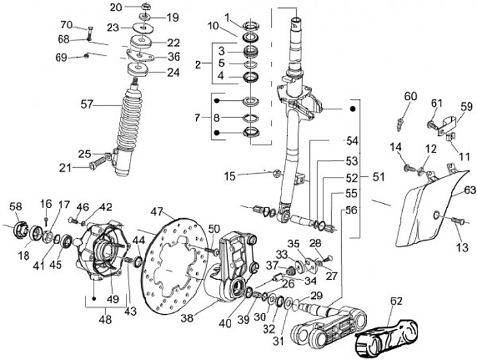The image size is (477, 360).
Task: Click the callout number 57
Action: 87,104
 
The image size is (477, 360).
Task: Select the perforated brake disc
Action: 174,265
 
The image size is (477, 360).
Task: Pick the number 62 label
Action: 396,301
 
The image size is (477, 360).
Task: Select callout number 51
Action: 378,177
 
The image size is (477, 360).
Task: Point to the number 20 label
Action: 116,7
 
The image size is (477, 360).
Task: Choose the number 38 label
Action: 187,318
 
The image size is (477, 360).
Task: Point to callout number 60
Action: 411,97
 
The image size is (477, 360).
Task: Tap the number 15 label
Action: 230,176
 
